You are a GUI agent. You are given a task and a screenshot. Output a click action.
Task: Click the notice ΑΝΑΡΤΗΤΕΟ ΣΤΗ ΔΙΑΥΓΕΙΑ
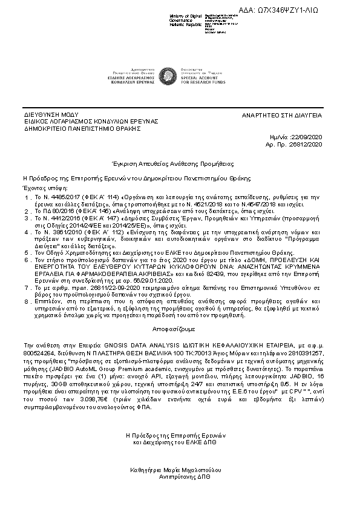pyautogui.click(x=283, y=114)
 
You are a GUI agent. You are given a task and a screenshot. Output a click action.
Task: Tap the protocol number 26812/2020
pyautogui.click(x=308, y=146)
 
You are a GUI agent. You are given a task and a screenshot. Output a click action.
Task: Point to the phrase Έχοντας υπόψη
pyautogui.click(x=43, y=188)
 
